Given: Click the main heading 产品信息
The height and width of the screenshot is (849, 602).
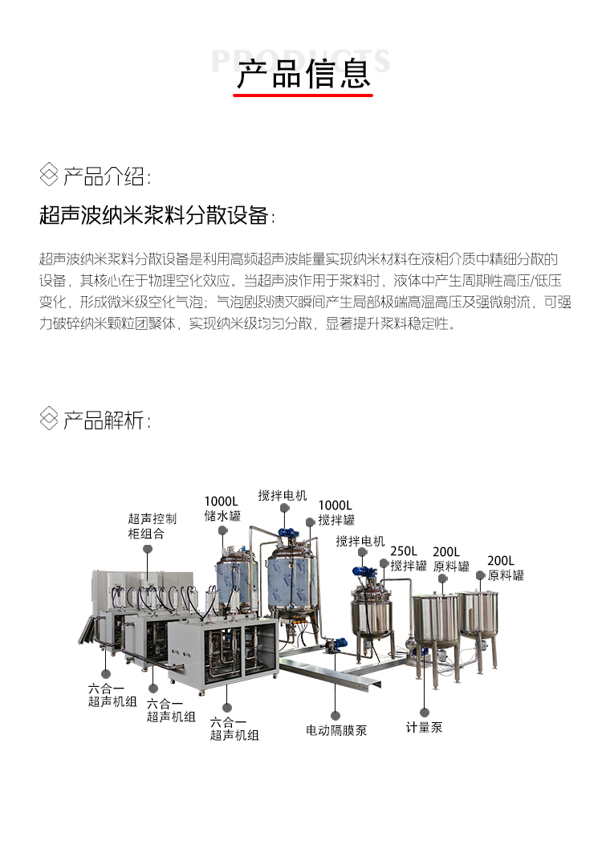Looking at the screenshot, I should coord(303,73).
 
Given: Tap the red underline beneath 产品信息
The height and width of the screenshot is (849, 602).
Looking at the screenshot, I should coord(303,95).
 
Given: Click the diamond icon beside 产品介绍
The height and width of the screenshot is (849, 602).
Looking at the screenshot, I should coord(49,175).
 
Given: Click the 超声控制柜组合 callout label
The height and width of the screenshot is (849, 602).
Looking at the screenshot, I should coord(152,526).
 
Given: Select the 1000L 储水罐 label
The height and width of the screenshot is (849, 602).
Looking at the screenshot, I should coord(222,509).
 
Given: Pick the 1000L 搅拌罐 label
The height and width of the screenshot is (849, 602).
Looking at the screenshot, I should coord(336,512).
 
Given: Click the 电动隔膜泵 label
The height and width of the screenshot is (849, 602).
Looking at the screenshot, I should coord(336,730).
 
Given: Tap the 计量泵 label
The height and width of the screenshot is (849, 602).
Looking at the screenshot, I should coord(424,728).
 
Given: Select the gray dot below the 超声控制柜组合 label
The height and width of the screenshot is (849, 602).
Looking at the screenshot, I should coord(148,549).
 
